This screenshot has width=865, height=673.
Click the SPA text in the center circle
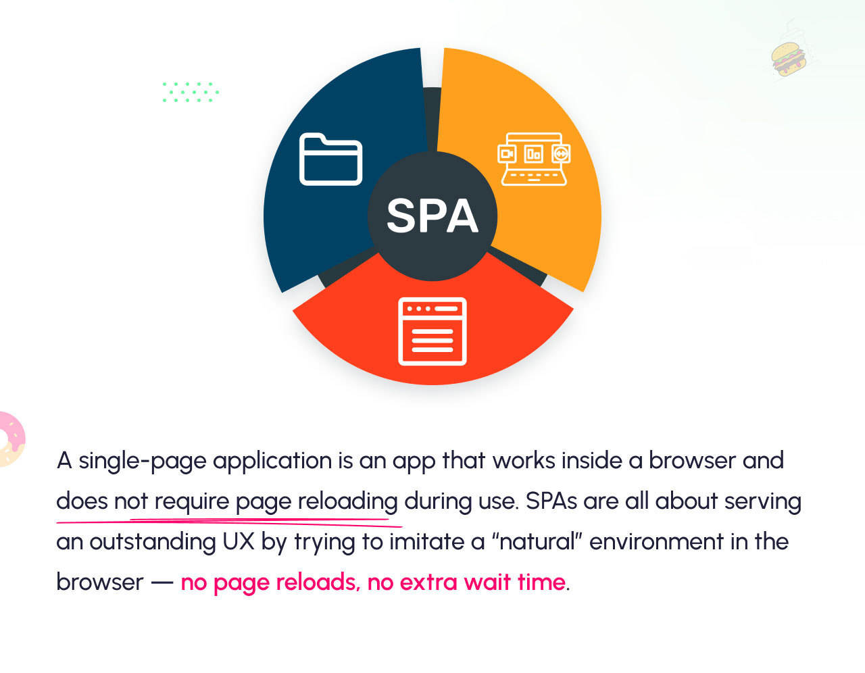coord(432,216)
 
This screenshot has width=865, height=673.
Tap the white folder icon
coord(330,159)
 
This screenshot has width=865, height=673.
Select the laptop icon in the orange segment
coord(534,159)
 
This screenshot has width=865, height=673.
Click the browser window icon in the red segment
coord(432,331)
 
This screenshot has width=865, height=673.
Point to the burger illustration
coord(788,59)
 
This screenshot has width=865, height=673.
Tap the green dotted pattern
coord(191,93)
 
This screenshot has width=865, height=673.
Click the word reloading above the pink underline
coord(347,502)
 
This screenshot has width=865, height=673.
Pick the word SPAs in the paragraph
coord(551,501)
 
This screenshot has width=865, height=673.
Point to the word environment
coord(656,542)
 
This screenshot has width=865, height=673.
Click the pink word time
coord(541,582)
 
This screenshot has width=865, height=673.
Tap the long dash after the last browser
coord(162,583)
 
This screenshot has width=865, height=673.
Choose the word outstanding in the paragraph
coord(153,543)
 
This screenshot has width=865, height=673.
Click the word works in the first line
coord(524,461)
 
